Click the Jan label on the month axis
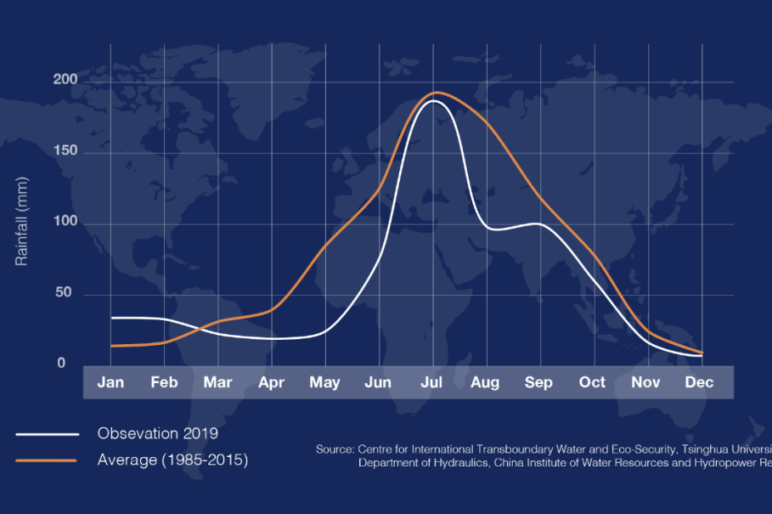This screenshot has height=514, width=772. (110, 382)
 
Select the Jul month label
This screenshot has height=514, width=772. (432, 382)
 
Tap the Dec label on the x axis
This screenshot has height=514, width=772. (700, 382)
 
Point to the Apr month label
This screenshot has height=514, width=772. (271, 382)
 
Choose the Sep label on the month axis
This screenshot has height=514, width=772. (538, 382)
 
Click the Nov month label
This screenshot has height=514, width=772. (645, 382)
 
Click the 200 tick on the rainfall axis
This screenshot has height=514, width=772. (66, 80)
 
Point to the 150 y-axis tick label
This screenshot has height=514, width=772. (66, 151)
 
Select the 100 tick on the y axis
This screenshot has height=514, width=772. (66, 223)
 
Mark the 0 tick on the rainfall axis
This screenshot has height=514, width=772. (61, 364)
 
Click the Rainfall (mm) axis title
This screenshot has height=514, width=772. (22, 225)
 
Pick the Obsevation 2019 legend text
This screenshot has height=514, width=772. (158, 433)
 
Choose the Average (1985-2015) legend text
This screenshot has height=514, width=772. (172, 460)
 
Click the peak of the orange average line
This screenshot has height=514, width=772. (437, 92)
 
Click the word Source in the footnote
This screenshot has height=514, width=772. (335, 449)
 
